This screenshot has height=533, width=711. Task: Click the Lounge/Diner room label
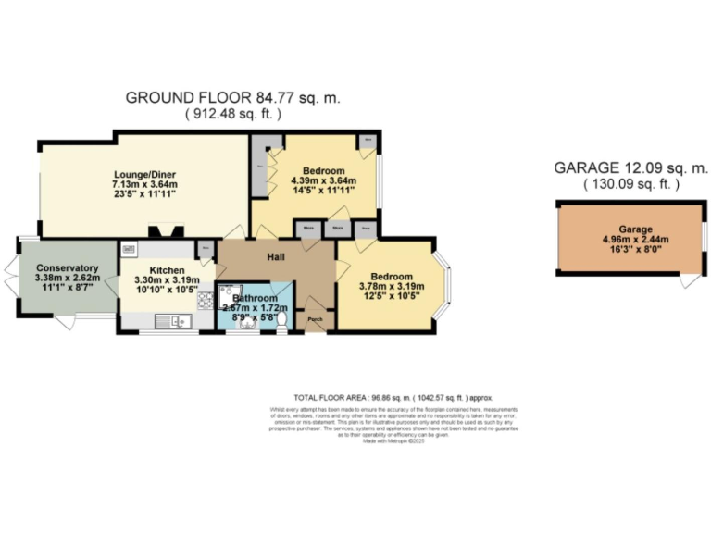pos(144,174)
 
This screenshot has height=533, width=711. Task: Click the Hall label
pos(276,256)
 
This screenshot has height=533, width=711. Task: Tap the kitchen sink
pos(171,322)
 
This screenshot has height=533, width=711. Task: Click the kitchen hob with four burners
pos(206,300)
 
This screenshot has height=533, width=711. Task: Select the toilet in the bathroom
pos(281,320)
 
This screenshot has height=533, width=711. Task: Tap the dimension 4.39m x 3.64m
pos(318,181)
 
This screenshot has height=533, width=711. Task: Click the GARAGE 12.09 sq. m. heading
pos(630,168)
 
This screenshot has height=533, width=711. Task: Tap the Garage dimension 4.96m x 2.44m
pos(630,238)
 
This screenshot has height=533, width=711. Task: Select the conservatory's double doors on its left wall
pos(11,277)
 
